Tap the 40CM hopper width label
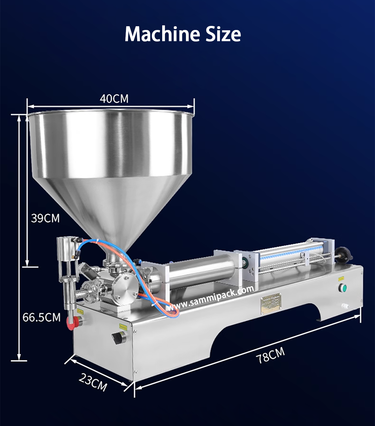tap(114, 99)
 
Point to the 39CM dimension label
tap(45, 218)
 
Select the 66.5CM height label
tap(42, 317)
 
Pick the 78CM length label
tap(271, 355)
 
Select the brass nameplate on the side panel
tap(271, 303)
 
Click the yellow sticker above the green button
tap(341, 278)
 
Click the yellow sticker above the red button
tap(80, 311)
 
